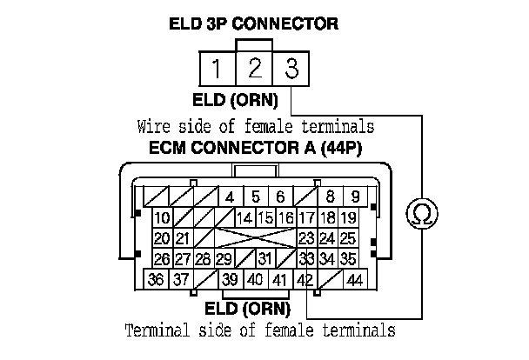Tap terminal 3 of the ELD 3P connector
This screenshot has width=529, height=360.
tap(291, 68)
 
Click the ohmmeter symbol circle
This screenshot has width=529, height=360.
tap(422, 214)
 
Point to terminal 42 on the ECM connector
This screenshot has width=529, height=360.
tap(304, 280)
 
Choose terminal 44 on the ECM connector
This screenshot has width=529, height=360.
tap(354, 280)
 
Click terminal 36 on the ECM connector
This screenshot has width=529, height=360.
tap(157, 280)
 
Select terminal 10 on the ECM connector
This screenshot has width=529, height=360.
tap(162, 217)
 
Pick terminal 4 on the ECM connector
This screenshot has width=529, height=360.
tap(230, 197)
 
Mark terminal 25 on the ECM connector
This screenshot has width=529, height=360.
tap(347, 238)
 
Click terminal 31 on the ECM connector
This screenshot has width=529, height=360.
tap(265, 259)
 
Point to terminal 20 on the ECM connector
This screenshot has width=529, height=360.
tap(162, 238)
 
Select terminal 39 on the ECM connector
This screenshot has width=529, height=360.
tap(231, 280)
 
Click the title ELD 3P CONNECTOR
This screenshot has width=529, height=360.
tap(253, 23)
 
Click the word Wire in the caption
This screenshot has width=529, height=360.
tap(152, 127)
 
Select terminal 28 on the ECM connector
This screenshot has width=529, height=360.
tap(204, 259)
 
